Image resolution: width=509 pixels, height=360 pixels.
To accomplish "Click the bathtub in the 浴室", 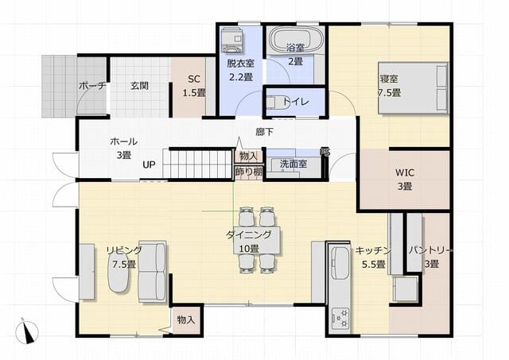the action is point(297,41).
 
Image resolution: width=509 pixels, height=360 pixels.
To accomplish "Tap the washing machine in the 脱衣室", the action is point(232,40).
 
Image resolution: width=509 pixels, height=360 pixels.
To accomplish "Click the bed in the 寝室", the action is point(414,88).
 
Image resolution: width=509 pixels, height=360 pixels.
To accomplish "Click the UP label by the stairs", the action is point(149,165).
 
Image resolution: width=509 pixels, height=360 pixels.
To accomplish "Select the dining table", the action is point(257,240).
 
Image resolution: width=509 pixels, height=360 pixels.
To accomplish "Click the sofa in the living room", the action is point(152,272).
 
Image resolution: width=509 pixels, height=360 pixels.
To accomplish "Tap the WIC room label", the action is point(405,172).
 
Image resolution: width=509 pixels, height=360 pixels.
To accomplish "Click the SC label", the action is point(194,79).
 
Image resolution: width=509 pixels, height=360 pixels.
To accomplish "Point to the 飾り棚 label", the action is point(249,172).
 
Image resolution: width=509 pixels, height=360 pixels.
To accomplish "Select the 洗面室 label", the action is point(293,164).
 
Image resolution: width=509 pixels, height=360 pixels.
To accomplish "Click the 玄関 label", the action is point(140,86).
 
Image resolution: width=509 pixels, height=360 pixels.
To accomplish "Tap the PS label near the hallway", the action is point(324,152).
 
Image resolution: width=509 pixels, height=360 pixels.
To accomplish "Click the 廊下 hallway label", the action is point(264,132).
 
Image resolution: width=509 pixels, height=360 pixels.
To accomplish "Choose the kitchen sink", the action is point(340,263).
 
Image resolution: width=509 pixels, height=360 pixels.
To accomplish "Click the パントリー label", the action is point(429,250).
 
